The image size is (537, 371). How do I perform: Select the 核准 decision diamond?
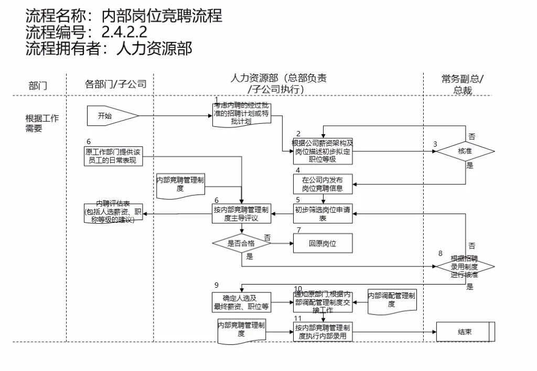tap(465, 151)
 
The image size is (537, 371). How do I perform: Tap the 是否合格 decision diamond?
tap(241, 243)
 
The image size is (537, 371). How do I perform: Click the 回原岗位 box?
tap(323, 243)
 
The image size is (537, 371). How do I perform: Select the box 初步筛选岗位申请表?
tap(323, 214)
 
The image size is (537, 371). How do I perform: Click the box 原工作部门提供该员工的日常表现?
tap(113, 156)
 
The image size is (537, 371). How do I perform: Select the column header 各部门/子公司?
tap(115, 84)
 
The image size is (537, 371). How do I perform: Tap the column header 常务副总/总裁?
tap(463, 84)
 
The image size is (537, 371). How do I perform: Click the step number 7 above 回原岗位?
tap(298, 230)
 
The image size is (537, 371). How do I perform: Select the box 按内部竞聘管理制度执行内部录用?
tap(323, 332)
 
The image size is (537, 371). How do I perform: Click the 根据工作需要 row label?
tap(42, 123)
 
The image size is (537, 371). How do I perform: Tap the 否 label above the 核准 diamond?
tap(471, 136)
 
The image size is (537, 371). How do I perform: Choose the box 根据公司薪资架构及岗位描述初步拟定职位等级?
tap(323, 151)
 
